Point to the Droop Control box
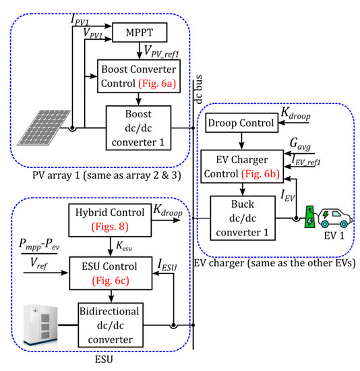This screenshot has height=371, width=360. click(237, 123)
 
